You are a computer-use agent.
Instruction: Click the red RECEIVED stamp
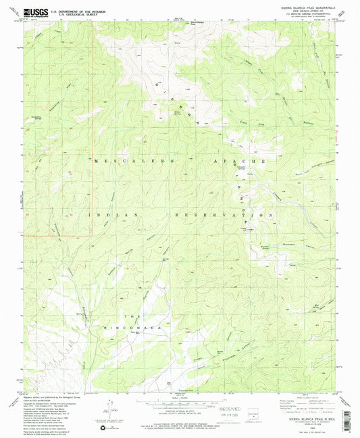(x=234, y=408)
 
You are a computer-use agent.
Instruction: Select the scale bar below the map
(x=179, y=403)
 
